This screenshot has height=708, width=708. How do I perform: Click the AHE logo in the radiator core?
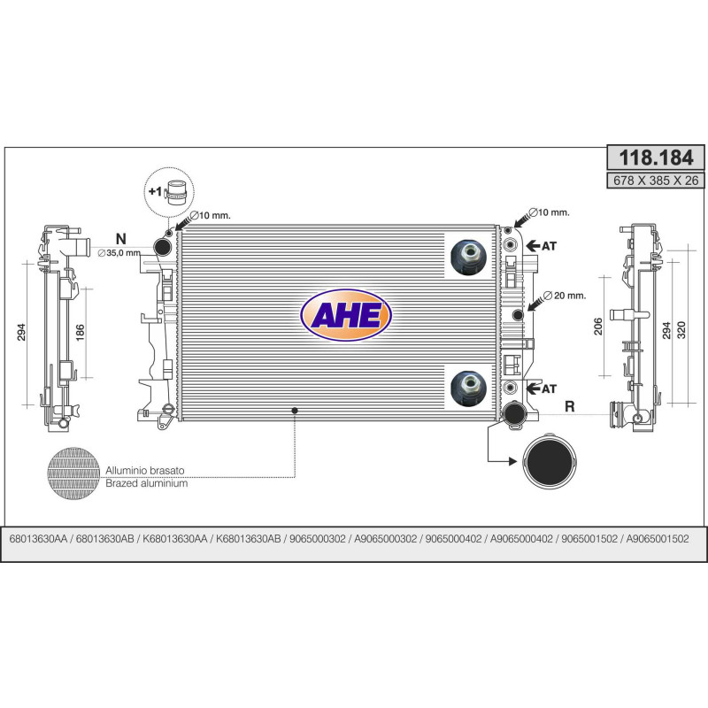click(x=346, y=315)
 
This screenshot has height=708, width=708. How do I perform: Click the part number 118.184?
click(x=656, y=158)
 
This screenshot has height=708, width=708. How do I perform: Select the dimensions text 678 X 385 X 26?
click(x=656, y=181)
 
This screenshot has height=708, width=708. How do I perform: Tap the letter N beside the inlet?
click(x=121, y=239)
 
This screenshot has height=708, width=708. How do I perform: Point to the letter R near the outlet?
click(x=570, y=406)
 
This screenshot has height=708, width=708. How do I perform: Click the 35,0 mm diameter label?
click(x=119, y=253)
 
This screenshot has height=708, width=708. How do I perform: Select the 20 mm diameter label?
click(x=565, y=296)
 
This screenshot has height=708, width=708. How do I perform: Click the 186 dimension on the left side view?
click(x=81, y=333)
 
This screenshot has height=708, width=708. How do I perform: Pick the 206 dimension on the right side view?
click(x=598, y=327)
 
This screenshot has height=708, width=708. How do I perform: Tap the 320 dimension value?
click(x=681, y=330)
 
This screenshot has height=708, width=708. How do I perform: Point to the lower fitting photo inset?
click(x=469, y=389)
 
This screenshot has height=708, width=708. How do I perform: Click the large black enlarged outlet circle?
click(x=550, y=460)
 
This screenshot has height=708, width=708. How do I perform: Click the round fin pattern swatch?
click(x=73, y=473)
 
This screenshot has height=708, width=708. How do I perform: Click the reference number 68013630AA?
click(x=38, y=539)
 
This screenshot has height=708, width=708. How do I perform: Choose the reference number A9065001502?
click(x=658, y=539)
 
